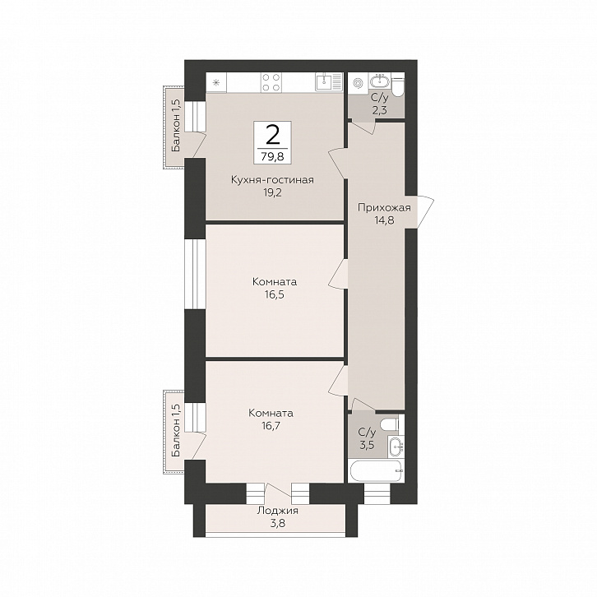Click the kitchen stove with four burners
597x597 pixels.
click(271, 82)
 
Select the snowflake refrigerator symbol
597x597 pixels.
click(216, 82)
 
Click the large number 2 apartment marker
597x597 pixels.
click(272, 135)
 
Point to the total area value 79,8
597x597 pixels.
click(273, 156)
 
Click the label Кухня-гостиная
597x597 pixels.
click(273, 180)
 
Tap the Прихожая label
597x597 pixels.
click(384, 208)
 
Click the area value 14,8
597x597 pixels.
click(384, 220)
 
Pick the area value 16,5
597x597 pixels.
click(274, 294)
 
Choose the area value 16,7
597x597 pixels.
click(271, 425)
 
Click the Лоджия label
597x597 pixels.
click(277, 511)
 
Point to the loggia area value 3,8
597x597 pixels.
click(277, 524)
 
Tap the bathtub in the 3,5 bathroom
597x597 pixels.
click(376, 471)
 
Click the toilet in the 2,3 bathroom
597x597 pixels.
click(397, 86)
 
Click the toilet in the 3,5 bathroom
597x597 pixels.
click(390, 423)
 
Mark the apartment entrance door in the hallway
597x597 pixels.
click(425, 212)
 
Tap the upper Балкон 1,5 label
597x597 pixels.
click(176, 126)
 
